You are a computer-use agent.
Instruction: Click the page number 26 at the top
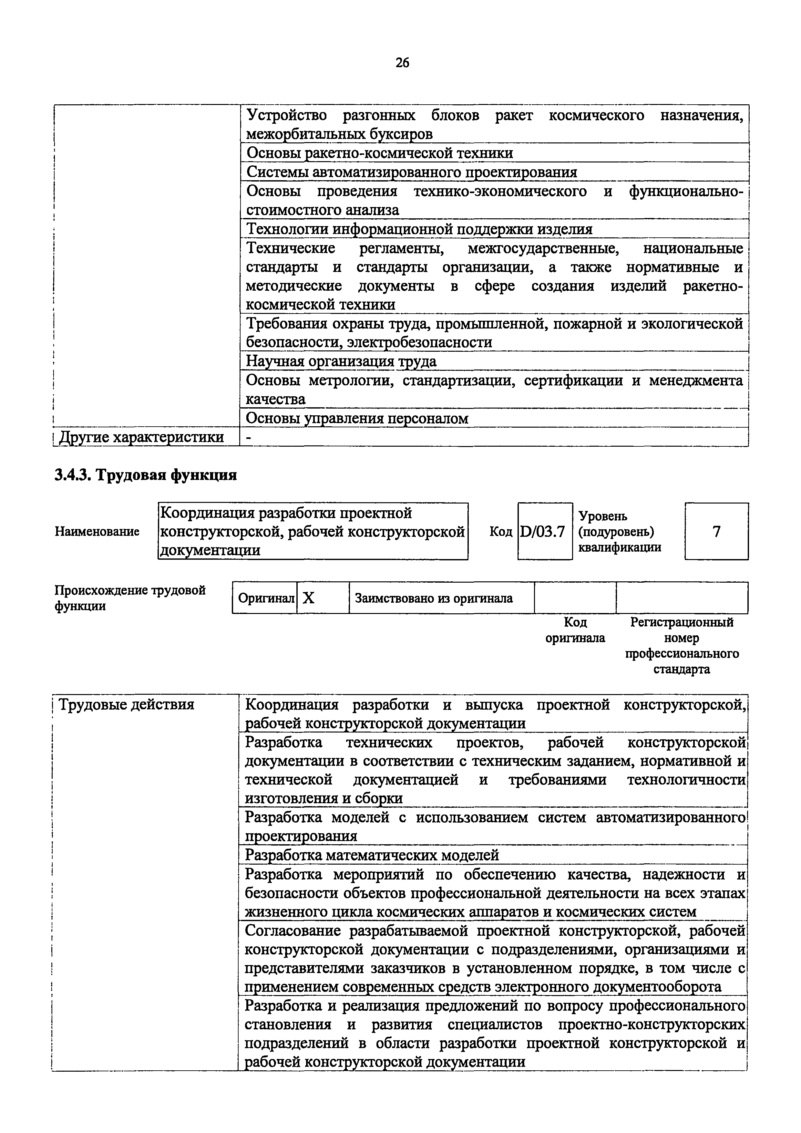402,63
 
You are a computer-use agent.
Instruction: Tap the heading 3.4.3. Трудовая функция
146,475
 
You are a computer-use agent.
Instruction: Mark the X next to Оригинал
309,598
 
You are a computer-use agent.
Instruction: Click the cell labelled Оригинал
265,598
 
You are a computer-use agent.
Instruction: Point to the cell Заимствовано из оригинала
434,598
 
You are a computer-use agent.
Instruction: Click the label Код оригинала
575,630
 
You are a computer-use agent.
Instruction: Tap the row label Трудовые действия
126,704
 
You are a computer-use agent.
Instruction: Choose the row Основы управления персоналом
357,419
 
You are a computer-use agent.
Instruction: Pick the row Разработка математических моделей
372,855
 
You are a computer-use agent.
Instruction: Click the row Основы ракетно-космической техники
380,153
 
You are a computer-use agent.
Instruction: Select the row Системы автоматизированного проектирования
412,172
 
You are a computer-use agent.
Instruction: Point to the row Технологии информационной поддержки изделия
419,229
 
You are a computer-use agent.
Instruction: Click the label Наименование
97,532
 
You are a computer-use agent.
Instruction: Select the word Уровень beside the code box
603,516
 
